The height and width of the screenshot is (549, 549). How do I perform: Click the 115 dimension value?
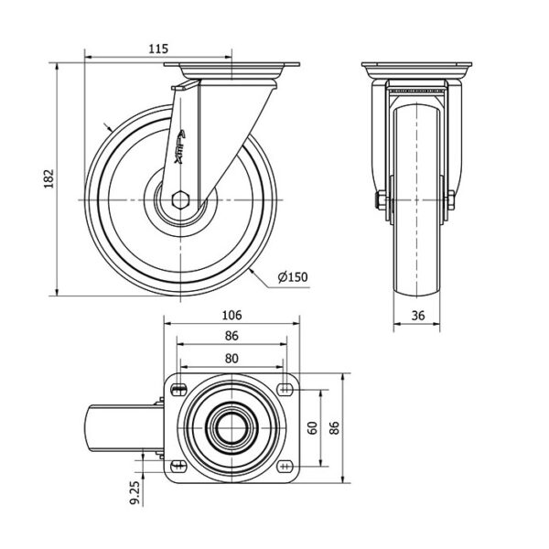tap(158, 48)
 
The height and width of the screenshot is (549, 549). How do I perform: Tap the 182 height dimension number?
tap(48, 179)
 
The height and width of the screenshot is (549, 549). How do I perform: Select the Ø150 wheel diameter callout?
tap(293, 277)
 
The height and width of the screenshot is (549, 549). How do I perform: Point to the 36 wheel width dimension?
tap(418, 316)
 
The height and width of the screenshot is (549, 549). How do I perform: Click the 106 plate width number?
tap(231, 315)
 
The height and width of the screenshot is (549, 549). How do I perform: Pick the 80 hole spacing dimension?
tap(231, 359)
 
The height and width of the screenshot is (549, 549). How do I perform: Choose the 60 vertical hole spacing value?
tap(313, 428)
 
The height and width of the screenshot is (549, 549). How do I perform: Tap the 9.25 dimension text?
tap(135, 492)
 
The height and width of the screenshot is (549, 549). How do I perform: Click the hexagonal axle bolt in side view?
tap(180, 199)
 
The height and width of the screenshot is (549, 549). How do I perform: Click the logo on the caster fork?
tap(180, 146)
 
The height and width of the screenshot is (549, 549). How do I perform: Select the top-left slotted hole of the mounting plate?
tap(179, 389)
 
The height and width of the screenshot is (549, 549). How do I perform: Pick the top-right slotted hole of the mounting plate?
tap(285, 389)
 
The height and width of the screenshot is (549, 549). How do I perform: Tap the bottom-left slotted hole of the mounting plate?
tap(178, 466)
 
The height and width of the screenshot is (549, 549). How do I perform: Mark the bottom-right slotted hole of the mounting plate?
tap(285, 466)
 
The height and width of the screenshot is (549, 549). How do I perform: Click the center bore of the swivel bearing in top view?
tap(231, 428)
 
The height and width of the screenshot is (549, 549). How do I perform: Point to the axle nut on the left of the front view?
tap(381, 200)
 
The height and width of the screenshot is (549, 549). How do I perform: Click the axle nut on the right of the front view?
tap(451, 200)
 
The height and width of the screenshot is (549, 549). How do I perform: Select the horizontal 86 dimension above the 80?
tap(231, 336)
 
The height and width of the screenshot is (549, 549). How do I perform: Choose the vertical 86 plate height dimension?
tap(335, 428)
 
